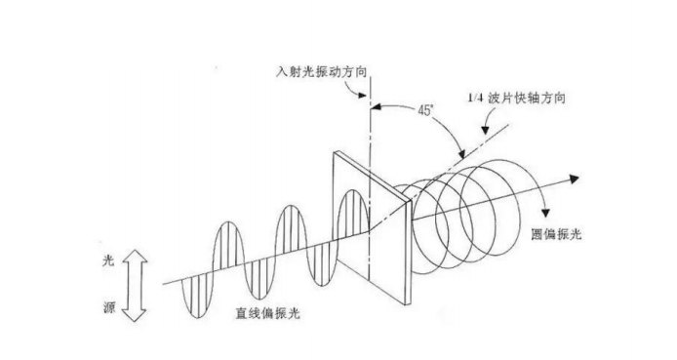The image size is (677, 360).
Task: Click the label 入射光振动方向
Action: pos(321,71)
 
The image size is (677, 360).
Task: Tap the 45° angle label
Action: pos(425,110)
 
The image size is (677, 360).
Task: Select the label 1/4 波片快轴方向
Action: pos(516,98)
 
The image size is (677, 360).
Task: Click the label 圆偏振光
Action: pos(556,234)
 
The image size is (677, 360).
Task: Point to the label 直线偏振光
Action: pos(267,312)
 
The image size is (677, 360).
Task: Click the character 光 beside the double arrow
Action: pos(108,260)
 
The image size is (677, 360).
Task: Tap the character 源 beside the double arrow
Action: pos(109,307)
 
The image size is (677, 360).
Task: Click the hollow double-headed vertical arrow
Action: pos(135,285)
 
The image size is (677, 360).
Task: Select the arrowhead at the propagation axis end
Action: pos(574,179)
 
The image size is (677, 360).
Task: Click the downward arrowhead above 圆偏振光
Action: pos(545,213)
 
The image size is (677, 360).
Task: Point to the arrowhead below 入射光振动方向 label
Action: pos(362,95)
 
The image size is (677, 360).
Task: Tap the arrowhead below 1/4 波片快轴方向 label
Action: pos(486,130)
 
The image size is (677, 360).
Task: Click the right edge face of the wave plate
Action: pos(408,253)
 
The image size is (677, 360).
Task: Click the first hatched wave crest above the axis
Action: pos(229,244)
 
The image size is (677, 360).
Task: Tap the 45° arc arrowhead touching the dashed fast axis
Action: pos(461,154)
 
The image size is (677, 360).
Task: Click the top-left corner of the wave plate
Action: pos(334,151)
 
